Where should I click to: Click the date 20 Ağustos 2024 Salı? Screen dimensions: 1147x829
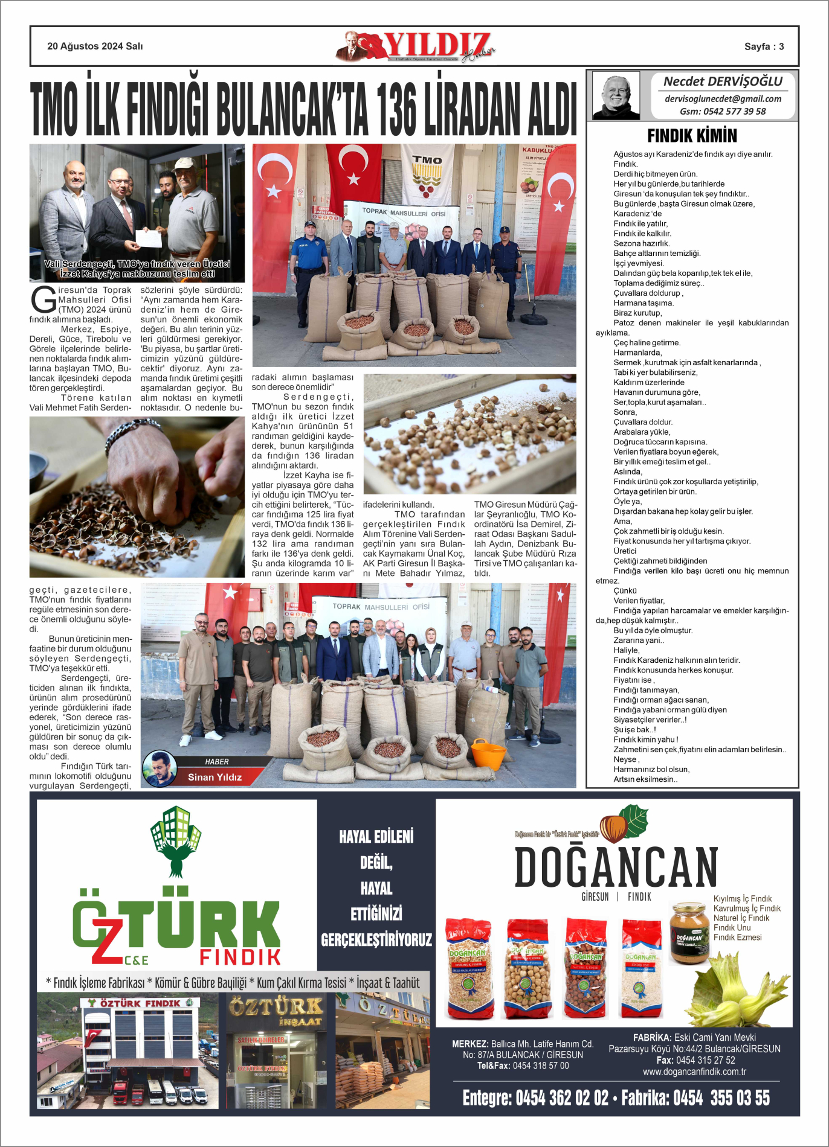click(95, 46)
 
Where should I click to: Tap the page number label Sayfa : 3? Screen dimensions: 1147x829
click(764, 46)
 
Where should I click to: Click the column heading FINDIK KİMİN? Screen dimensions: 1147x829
click(692, 135)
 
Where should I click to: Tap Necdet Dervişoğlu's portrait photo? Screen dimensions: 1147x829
click(616, 95)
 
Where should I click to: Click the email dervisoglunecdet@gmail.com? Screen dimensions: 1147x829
click(723, 98)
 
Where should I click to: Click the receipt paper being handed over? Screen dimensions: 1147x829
click(149, 238)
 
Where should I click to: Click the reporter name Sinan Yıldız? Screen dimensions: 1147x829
click(215, 777)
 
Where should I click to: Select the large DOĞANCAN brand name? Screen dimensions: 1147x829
click(616, 867)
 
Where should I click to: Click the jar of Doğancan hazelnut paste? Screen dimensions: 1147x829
click(689, 932)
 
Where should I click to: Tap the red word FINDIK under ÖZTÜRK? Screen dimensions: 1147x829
click(240, 957)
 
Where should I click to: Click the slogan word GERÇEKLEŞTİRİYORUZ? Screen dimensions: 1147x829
click(376, 939)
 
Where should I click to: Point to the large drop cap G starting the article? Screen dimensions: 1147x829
click(44, 300)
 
